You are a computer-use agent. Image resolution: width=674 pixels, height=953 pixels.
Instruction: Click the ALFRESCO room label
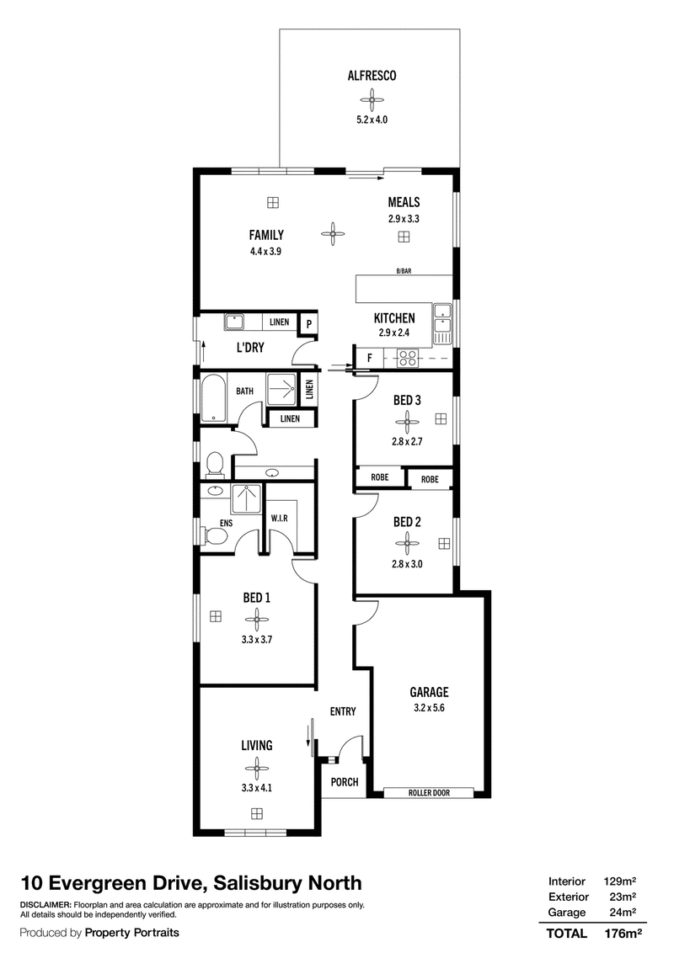(372, 76)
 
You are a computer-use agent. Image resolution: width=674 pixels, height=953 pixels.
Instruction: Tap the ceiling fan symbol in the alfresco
(372, 99)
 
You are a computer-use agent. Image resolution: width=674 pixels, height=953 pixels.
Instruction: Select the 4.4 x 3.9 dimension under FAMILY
(266, 251)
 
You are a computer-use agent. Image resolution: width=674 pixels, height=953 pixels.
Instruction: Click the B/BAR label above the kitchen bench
(404, 271)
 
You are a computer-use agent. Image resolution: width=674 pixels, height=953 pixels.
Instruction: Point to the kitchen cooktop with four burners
(407, 359)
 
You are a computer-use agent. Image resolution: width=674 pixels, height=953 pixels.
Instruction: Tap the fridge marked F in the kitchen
(370, 359)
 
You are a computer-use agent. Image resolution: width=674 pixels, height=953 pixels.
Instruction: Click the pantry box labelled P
(309, 324)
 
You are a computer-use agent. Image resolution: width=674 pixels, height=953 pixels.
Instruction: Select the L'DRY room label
(250, 348)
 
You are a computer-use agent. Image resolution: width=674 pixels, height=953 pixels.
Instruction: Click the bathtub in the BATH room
(213, 398)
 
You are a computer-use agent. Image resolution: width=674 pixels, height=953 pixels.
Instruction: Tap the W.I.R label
(279, 519)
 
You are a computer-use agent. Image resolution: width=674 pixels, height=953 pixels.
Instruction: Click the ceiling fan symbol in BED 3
(407, 421)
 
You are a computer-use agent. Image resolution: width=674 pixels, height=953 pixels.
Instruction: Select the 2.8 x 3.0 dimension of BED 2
(407, 564)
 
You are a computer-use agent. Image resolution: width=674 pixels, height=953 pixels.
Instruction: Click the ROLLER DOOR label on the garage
(429, 792)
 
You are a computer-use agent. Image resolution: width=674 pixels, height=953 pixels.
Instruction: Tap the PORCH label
(345, 782)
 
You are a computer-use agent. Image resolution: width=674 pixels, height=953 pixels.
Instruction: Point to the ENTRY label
(343, 711)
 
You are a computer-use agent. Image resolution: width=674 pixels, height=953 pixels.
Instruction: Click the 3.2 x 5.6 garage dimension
(430, 707)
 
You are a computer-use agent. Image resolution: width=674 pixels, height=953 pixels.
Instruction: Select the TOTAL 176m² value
(623, 934)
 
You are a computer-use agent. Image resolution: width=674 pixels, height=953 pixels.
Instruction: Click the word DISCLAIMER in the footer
(45, 905)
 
